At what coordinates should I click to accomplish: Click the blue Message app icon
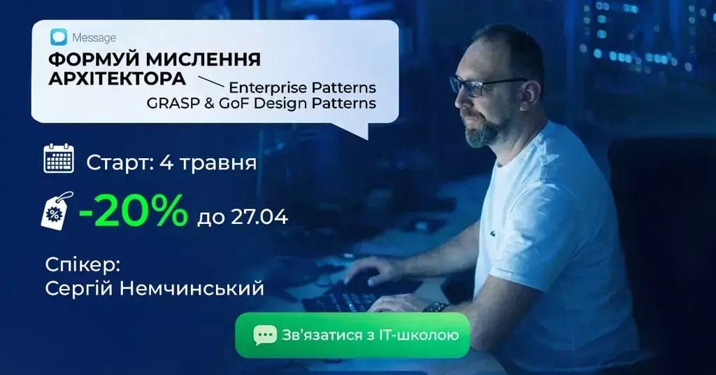[59, 37]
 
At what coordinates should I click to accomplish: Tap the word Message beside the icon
[94, 38]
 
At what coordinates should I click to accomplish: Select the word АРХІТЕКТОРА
[117, 78]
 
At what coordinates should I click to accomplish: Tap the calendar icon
[59, 158]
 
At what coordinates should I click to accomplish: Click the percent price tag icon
[57, 211]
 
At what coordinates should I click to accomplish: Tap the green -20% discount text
[133, 211]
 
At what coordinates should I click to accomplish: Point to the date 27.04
[259, 217]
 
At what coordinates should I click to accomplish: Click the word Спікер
[83, 266]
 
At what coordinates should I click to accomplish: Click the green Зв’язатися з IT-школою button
[352, 335]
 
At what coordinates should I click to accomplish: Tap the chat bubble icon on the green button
[265, 335]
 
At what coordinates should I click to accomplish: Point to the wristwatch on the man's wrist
[436, 307]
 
